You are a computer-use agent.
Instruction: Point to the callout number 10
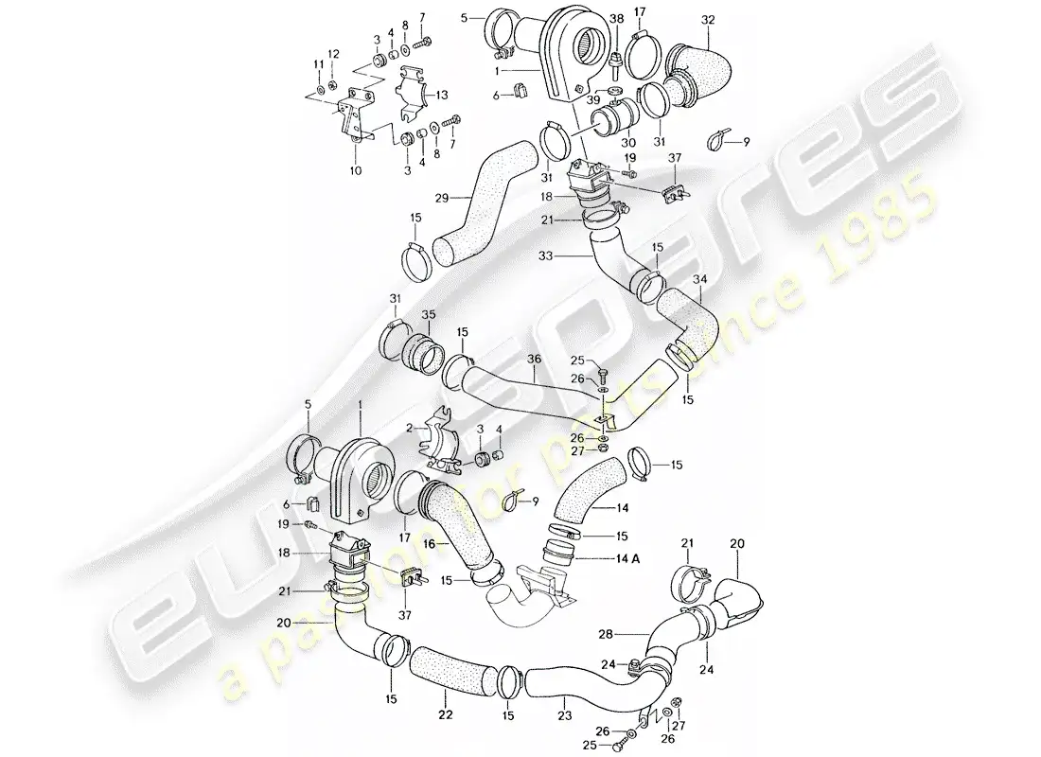(x=357, y=172)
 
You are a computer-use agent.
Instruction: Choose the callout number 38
(x=616, y=19)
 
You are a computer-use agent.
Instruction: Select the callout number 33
(x=571, y=255)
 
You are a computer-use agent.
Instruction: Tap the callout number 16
(x=430, y=545)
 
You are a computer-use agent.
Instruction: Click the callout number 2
(x=410, y=428)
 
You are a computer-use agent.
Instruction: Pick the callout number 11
(x=319, y=64)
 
